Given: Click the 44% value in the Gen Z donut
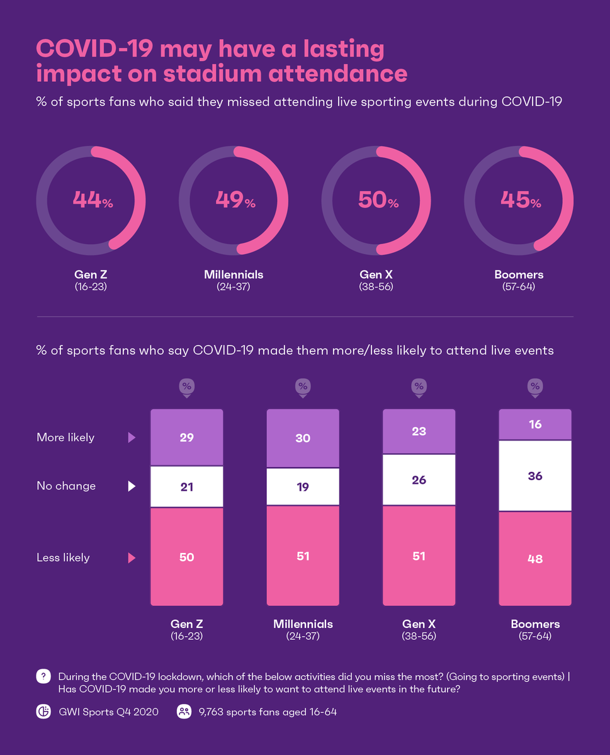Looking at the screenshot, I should point(92,201).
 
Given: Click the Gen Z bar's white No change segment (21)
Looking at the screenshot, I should point(186,486).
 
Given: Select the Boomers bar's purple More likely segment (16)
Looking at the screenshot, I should point(535,425).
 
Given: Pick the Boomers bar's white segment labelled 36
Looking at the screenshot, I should point(535,476).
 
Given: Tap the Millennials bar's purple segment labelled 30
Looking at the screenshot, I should point(303,438).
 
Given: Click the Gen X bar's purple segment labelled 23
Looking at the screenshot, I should point(419,432).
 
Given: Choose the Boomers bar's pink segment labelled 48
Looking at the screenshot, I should point(535,559).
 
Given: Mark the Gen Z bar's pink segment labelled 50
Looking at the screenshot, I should point(186,557).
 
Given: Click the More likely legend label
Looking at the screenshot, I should point(65,437).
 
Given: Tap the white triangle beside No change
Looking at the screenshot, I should point(132,486).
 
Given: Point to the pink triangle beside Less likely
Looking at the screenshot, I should point(132,557).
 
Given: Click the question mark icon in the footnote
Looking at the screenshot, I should point(43,676).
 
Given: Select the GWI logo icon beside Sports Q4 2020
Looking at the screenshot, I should point(43,712).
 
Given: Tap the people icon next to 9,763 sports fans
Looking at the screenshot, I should point(184,712).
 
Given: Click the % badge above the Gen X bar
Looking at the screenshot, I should point(419,386).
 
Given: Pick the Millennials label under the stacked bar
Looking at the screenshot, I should point(303,624).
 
